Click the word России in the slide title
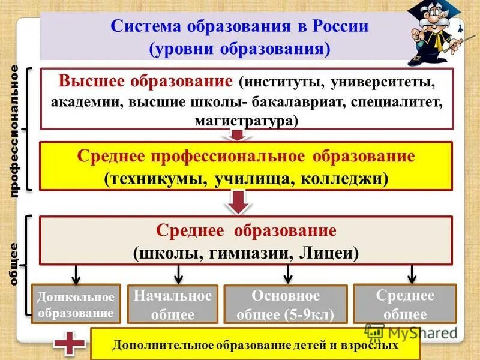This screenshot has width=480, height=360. [x=336, y=27]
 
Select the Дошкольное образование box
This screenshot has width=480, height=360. [x=76, y=304]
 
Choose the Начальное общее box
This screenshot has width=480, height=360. [x=173, y=304]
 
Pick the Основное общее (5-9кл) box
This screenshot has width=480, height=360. [x=285, y=304]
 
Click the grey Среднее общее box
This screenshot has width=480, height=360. [x=404, y=304]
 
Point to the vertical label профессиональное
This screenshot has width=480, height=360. [x=15, y=130]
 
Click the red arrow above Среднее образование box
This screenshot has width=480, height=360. [x=239, y=202]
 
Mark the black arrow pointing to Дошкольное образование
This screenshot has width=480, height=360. [x=76, y=274]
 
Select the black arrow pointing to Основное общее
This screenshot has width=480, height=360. [x=288, y=274]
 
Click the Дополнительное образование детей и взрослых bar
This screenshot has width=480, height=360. [x=255, y=346]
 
